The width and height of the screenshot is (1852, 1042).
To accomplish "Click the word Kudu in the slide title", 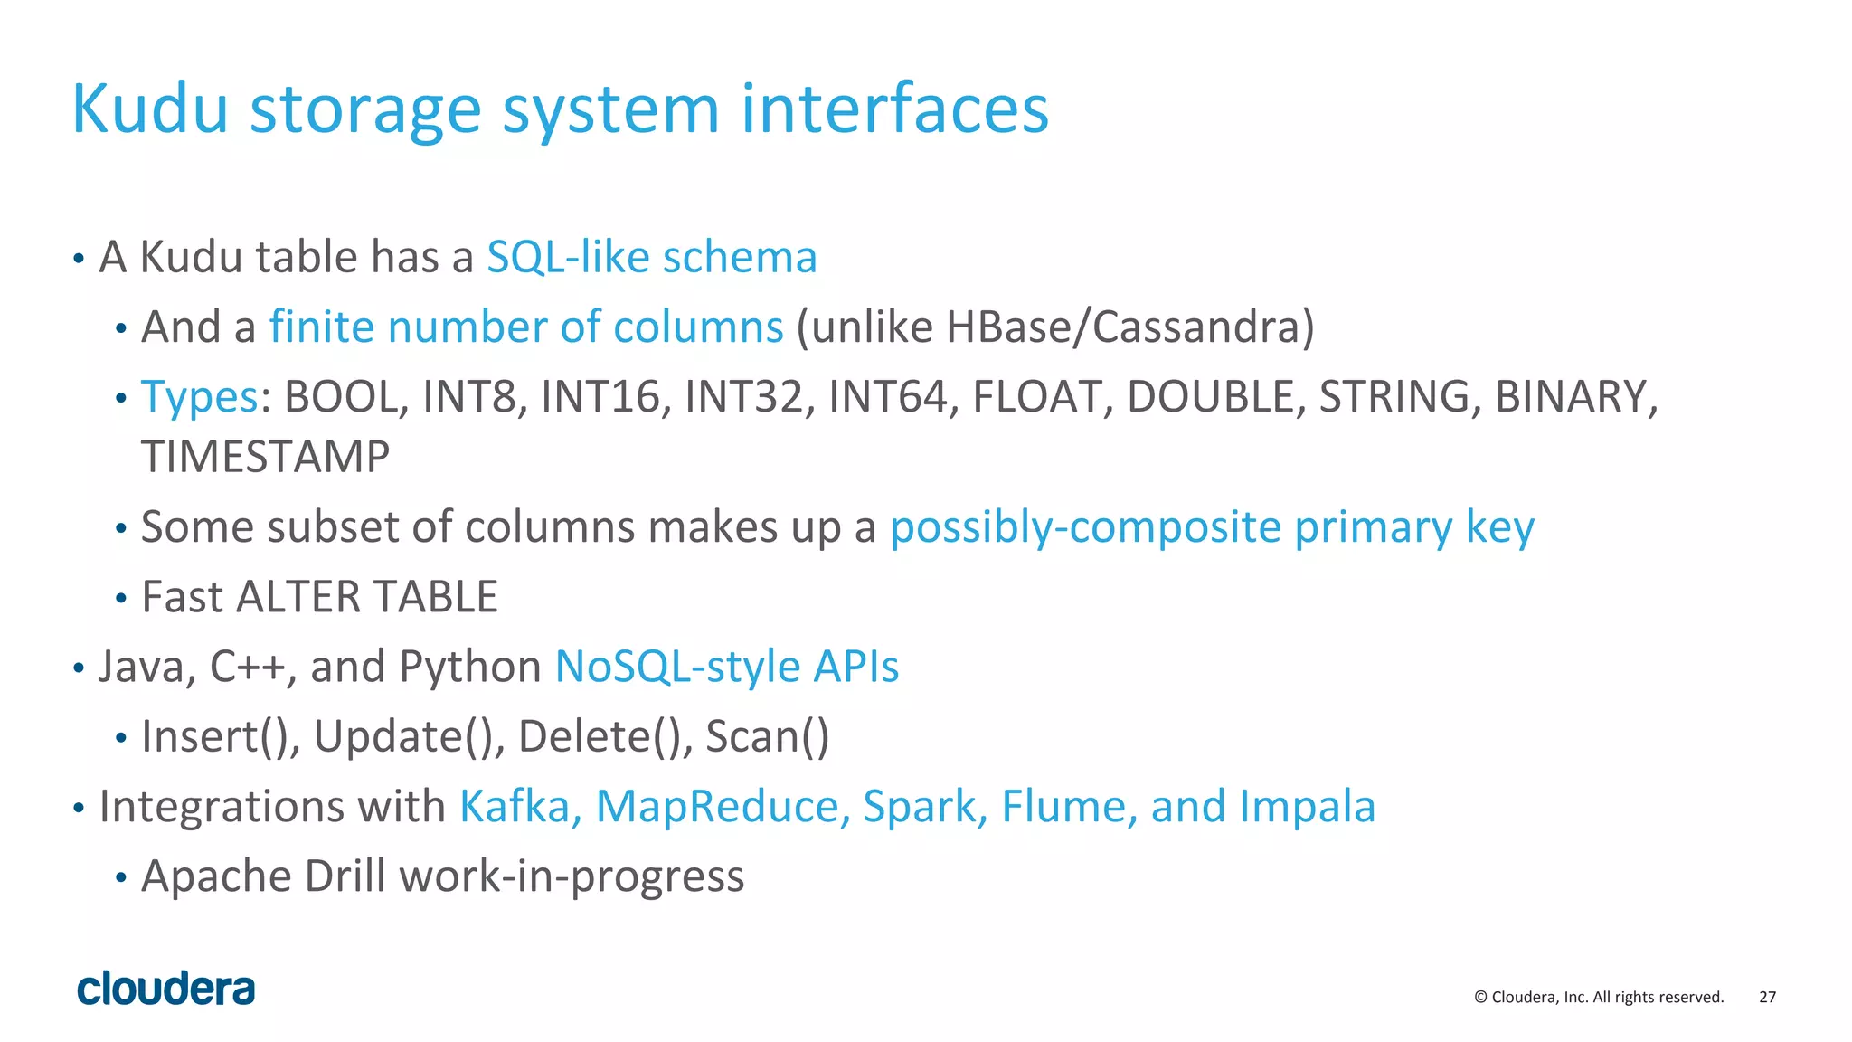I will (x=150, y=109).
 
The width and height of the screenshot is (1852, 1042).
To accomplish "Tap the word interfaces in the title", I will (x=894, y=109).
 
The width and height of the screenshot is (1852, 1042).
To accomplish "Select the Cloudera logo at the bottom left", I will (x=166, y=989).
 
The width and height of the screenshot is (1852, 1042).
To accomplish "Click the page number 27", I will (x=1767, y=997).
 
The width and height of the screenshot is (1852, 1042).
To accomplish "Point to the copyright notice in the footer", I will (x=1598, y=997).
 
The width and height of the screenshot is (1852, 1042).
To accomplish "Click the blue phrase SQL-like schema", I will (x=651, y=257).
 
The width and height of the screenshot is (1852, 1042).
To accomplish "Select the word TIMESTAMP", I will (x=265, y=457).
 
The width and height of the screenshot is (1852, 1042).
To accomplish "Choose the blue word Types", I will (x=200, y=397).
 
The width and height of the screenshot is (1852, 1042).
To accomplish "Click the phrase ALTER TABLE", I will (x=366, y=597).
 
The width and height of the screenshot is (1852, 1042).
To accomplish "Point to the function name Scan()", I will (x=767, y=736).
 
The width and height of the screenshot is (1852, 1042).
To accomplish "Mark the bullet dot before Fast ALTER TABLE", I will (x=121, y=599).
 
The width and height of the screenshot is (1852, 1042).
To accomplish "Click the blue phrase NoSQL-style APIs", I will (x=726, y=667).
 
